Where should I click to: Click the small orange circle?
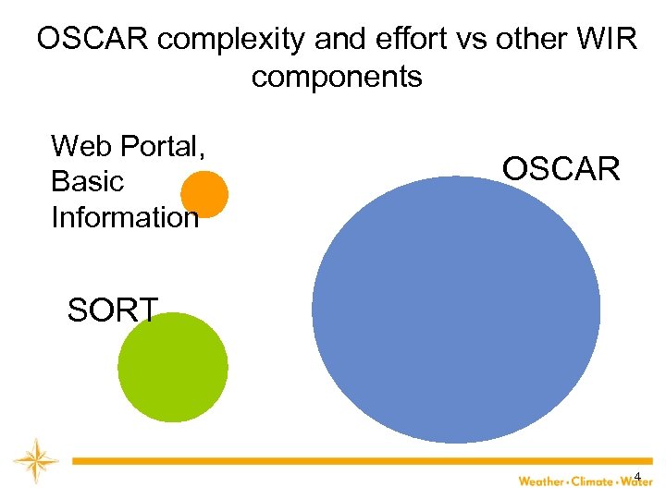coord(203,194)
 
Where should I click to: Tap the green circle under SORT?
coord(173,367)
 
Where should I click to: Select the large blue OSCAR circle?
coord(456,310)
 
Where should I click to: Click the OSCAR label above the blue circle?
coord(561,169)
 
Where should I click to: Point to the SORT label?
coord(113,310)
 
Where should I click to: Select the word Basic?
coord(87,181)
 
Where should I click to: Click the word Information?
coord(125,217)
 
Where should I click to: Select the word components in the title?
coord(337,77)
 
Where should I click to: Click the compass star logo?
coord(35,460)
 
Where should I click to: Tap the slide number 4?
coord(637,477)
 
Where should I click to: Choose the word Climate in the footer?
coord(592,481)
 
